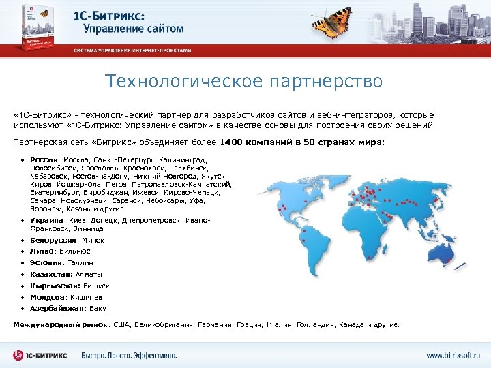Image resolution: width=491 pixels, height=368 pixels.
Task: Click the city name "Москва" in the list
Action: tap(79, 160)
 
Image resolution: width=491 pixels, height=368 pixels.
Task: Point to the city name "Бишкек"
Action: tap(96, 286)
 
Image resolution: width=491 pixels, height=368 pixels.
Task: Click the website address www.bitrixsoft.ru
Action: tap(453, 355)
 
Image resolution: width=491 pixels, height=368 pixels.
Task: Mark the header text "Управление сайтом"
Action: tap(134, 29)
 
